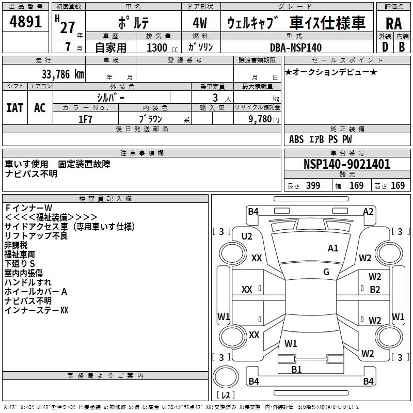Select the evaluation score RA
393,23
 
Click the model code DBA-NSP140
296,47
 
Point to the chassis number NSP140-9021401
347,164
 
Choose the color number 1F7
86,119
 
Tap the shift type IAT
14,108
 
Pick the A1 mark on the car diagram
333,248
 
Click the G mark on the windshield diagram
326,272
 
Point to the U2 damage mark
247,236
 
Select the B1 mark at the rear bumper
296,369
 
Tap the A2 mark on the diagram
368,211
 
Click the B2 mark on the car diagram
375,290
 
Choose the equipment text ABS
296,139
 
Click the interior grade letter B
402,47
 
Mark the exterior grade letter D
385,47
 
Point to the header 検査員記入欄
105,198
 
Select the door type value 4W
200,23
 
